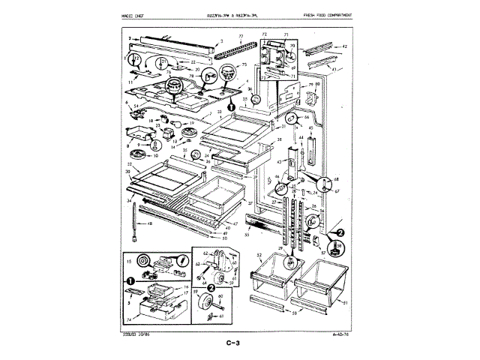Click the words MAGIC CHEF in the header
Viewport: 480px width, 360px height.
[133, 16]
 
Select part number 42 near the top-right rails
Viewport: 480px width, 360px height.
[344, 46]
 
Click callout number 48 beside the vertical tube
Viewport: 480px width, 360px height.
[150, 224]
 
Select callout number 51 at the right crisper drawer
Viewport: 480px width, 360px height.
[345, 302]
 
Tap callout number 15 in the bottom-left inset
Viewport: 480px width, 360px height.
[130, 261]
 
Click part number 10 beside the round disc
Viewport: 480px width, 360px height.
[156, 155]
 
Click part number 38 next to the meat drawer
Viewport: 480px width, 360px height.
[279, 139]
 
